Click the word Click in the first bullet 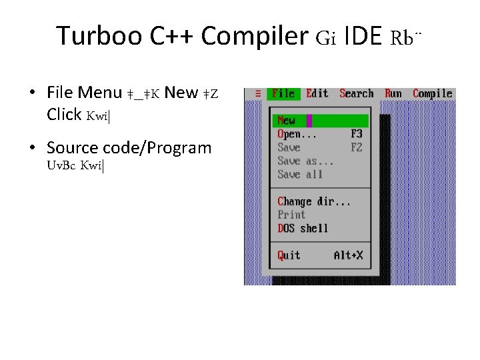64,114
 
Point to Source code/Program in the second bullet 129,147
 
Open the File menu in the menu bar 283,93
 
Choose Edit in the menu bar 317,93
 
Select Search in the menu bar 356,93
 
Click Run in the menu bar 393,93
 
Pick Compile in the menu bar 432,93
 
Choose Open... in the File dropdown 297,134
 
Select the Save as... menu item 305,161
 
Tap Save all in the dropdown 300,175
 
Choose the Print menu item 291,215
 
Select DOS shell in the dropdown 303,229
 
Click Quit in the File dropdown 289,255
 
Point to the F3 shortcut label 356,134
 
